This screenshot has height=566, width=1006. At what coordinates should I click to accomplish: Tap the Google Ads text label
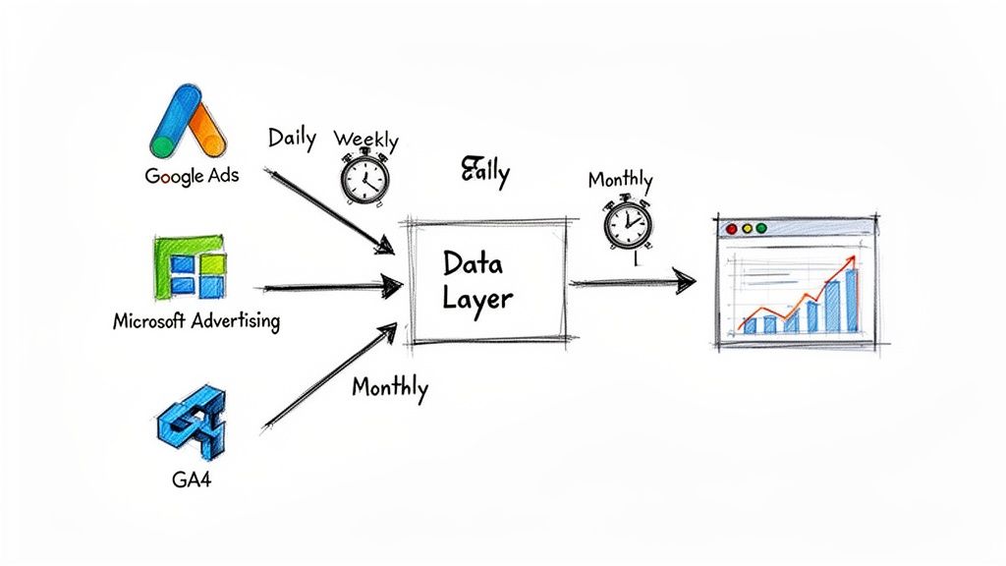coord(192,177)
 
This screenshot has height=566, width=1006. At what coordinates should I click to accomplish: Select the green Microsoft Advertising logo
coord(191,266)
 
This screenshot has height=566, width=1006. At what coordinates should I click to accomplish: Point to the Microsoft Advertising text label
coord(196,320)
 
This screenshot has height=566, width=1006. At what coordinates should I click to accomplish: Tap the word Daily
coord(292,138)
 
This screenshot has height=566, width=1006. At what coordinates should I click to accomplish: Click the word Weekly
coord(365,140)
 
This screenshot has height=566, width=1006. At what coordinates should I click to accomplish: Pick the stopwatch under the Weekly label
coord(364,179)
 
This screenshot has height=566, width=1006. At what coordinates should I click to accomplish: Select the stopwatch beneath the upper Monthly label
coord(626,223)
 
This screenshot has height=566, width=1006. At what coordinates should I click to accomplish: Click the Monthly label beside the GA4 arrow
coord(389,386)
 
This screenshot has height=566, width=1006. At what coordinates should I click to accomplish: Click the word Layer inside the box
coord(477,298)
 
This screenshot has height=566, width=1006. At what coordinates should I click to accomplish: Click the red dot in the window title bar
coord(730,229)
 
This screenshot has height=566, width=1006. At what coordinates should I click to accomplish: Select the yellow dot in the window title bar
coord(747,229)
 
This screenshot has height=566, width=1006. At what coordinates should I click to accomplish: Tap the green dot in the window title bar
coord(762,229)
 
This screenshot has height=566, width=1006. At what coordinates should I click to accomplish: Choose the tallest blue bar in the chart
coord(851,301)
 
